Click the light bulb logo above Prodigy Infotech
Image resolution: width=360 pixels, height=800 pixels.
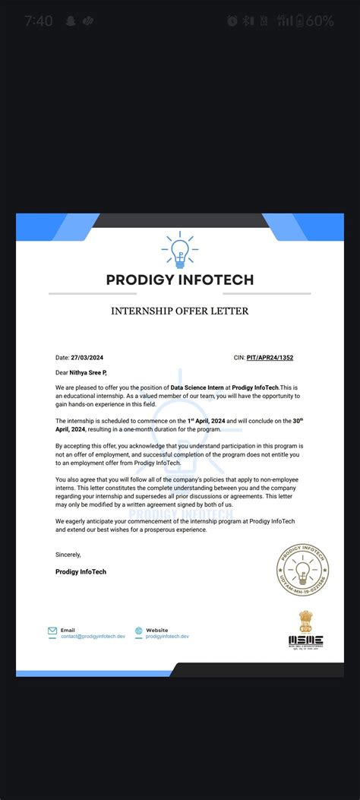(x=179, y=251)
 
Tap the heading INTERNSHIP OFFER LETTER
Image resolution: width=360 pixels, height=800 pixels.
(x=179, y=311)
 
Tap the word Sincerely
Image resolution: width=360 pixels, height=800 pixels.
(x=68, y=555)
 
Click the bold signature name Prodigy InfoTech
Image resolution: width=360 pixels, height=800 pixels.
(x=81, y=571)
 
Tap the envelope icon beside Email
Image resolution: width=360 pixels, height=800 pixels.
(x=52, y=631)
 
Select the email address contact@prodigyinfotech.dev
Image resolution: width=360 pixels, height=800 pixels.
(x=93, y=637)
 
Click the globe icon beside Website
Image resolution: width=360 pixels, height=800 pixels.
(x=139, y=631)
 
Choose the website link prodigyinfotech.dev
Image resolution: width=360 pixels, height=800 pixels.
(x=167, y=637)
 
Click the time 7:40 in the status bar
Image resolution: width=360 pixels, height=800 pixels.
(x=38, y=21)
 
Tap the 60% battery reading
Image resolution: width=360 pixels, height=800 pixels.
(x=320, y=21)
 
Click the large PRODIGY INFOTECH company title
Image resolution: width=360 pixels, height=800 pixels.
(x=179, y=280)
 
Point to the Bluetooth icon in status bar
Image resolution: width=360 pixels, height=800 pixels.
(x=248, y=21)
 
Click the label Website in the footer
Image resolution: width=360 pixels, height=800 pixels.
(x=156, y=630)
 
